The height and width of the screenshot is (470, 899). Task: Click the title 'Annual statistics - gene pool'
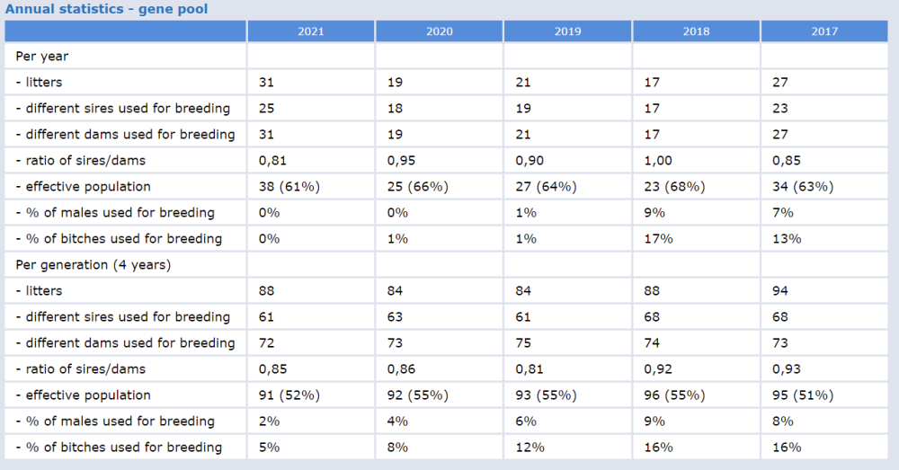pyautogui.click(x=107, y=10)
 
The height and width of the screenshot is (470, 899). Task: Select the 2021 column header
pyautogui.click(x=311, y=31)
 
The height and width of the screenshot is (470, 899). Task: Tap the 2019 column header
pyautogui.click(x=567, y=31)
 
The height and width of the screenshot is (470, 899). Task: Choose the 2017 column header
pyautogui.click(x=823, y=31)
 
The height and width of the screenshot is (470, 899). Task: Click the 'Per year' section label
pyautogui.click(x=42, y=56)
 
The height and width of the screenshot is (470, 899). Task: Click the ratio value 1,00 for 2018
pyautogui.click(x=657, y=161)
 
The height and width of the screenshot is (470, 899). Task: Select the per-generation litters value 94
pyautogui.click(x=780, y=291)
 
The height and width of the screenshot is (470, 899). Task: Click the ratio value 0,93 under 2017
pyautogui.click(x=786, y=369)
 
